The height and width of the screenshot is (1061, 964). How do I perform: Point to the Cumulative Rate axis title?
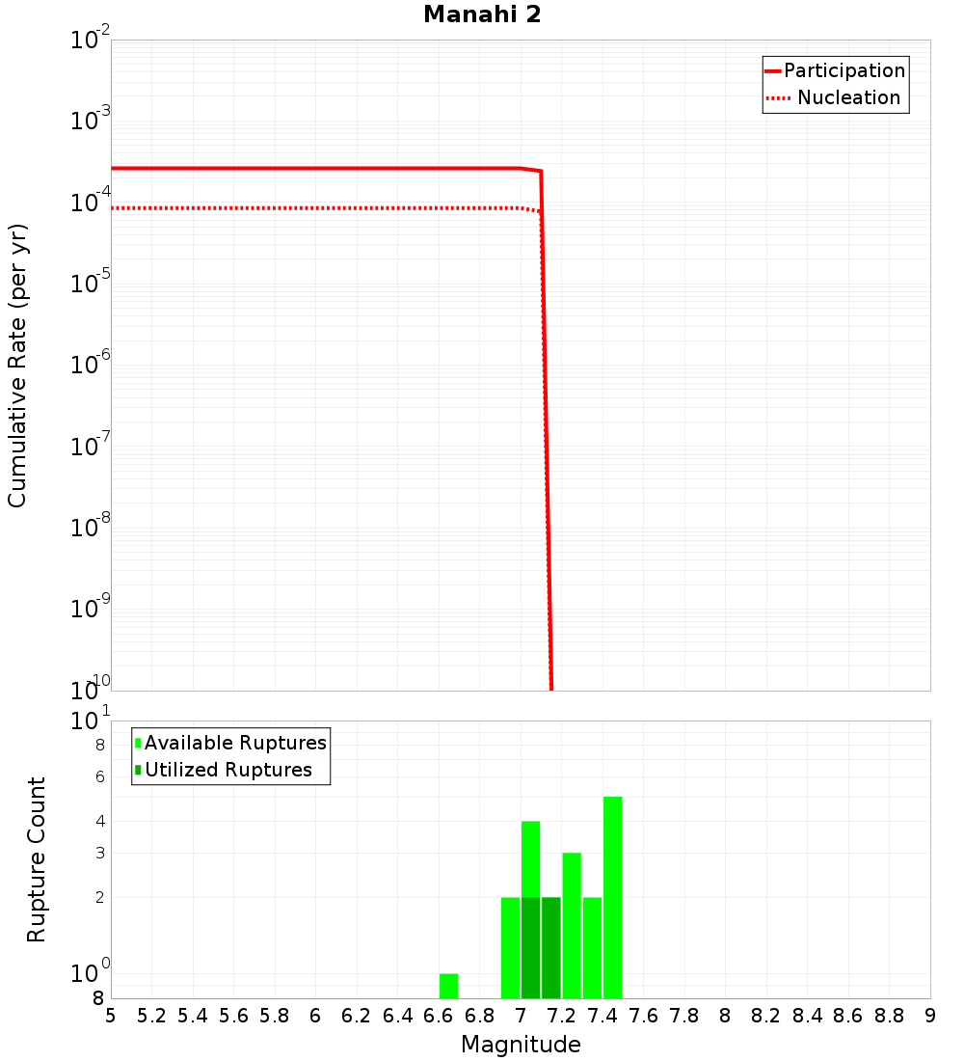(x=17, y=366)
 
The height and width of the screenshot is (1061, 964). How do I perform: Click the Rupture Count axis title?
(x=37, y=859)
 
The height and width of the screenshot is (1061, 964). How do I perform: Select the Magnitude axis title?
(x=521, y=1045)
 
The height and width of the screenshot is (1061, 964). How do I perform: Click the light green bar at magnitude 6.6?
(x=449, y=986)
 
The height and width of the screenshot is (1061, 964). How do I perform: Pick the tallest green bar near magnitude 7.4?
(x=612, y=897)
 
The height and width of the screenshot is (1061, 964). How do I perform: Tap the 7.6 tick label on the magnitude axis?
(x=644, y=1016)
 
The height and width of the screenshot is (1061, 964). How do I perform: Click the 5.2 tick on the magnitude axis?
(x=152, y=1016)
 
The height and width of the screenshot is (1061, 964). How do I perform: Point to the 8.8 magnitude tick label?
(x=890, y=1016)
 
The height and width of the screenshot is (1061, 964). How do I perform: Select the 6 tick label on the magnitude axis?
(x=315, y=1016)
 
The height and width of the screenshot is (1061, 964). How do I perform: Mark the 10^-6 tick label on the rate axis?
(x=91, y=367)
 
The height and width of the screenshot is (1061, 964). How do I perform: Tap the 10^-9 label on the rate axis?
(x=91, y=611)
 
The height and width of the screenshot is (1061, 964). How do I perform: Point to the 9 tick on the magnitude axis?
(x=930, y=1016)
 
